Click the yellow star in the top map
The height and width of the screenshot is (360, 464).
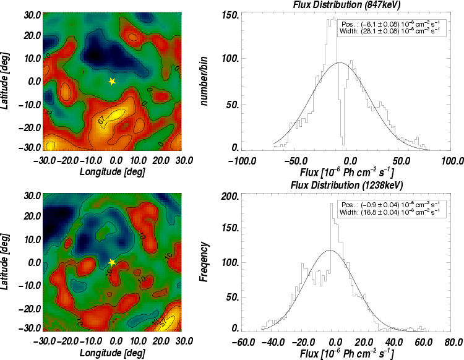click(x=111, y=81)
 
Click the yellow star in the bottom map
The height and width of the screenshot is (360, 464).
click(x=111, y=262)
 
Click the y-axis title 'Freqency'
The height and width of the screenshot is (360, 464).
click(x=204, y=262)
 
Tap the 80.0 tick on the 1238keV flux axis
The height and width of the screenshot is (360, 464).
click(x=453, y=342)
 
